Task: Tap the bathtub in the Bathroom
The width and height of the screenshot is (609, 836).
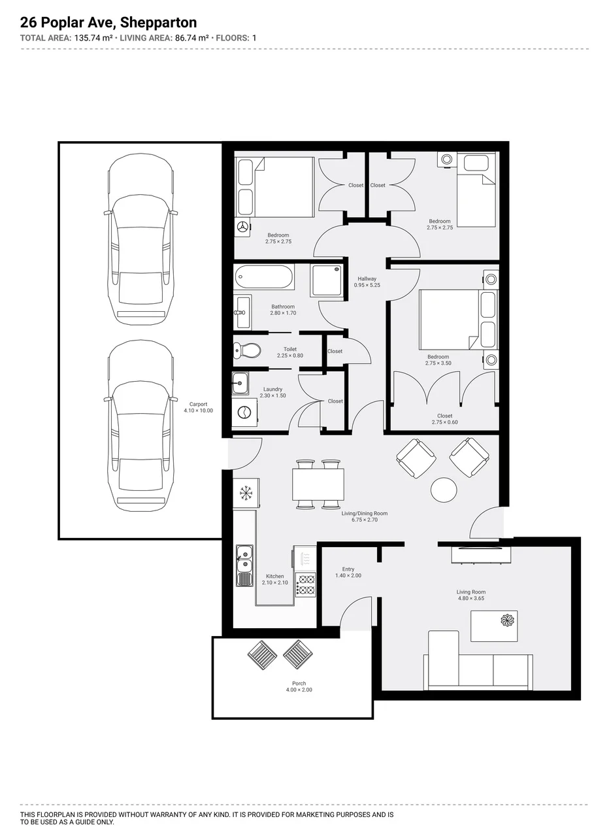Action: point(264,276)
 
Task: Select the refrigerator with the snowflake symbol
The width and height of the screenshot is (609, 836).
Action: point(246,493)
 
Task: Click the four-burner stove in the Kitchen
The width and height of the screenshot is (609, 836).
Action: point(306,585)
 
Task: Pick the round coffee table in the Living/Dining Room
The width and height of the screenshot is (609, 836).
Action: point(444,490)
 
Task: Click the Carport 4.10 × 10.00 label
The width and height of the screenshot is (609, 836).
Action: point(198,407)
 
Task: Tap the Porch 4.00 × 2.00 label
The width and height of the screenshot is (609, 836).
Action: point(299,686)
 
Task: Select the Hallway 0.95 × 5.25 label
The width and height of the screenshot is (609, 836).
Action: point(367,282)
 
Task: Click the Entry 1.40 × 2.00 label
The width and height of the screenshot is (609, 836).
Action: point(348,572)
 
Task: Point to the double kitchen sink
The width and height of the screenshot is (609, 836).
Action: point(244,565)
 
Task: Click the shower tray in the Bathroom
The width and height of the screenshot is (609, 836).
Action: point(327,280)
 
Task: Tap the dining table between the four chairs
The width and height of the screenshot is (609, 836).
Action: point(318,484)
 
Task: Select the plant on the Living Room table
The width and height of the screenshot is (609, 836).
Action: point(508,620)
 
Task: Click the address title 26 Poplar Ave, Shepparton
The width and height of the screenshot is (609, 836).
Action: point(108,23)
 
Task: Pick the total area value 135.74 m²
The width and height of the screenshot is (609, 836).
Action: point(93,38)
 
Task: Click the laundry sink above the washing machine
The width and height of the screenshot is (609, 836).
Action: point(240,383)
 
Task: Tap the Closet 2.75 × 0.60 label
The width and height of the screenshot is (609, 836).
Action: point(444,419)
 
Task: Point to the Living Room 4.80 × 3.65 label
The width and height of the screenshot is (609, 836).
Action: point(471,595)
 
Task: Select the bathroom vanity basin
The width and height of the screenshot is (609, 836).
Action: point(242,312)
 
